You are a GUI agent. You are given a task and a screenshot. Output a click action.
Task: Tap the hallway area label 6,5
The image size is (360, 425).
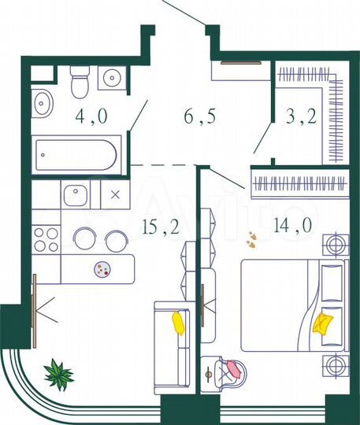click(x=199, y=120)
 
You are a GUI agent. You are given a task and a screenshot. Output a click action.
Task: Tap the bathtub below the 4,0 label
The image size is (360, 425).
click(x=76, y=157)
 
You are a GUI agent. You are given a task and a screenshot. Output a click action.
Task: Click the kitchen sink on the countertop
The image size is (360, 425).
click(x=77, y=194)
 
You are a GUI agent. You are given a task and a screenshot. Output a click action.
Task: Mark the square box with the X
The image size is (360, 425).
click(x=116, y=194)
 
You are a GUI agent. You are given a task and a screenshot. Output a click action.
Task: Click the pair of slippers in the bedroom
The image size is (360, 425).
click(x=251, y=238)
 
